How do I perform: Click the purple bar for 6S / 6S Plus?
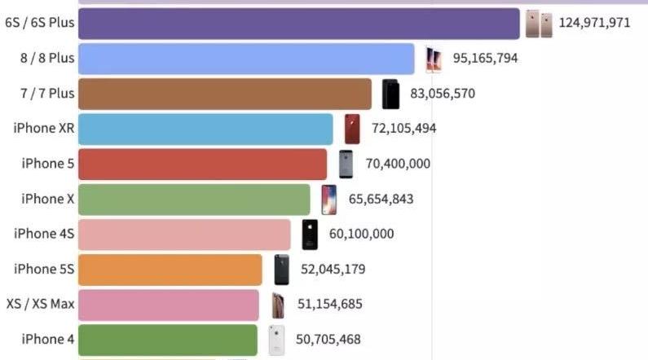pyautogui.click(x=298, y=24)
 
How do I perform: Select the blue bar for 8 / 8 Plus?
pyautogui.click(x=246, y=59)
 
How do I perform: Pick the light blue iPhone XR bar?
pyautogui.click(x=205, y=129)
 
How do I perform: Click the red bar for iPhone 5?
pyautogui.click(x=203, y=164)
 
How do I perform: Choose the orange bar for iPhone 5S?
pyautogui.click(x=170, y=270)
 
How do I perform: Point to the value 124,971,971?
pyautogui.click(x=594, y=23)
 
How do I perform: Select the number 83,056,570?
pyautogui.click(x=443, y=94)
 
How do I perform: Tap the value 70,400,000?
pyautogui.click(x=398, y=164)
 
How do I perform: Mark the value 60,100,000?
pyautogui.click(x=361, y=234)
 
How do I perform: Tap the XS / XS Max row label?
pyautogui.click(x=40, y=304)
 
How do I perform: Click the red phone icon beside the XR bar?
pyautogui.click(x=352, y=129)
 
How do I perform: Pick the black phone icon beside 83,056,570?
pyautogui.click(x=391, y=94)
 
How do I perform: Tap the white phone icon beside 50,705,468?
pyautogui.click(x=277, y=340)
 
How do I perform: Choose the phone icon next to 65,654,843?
pyautogui.click(x=328, y=200)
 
